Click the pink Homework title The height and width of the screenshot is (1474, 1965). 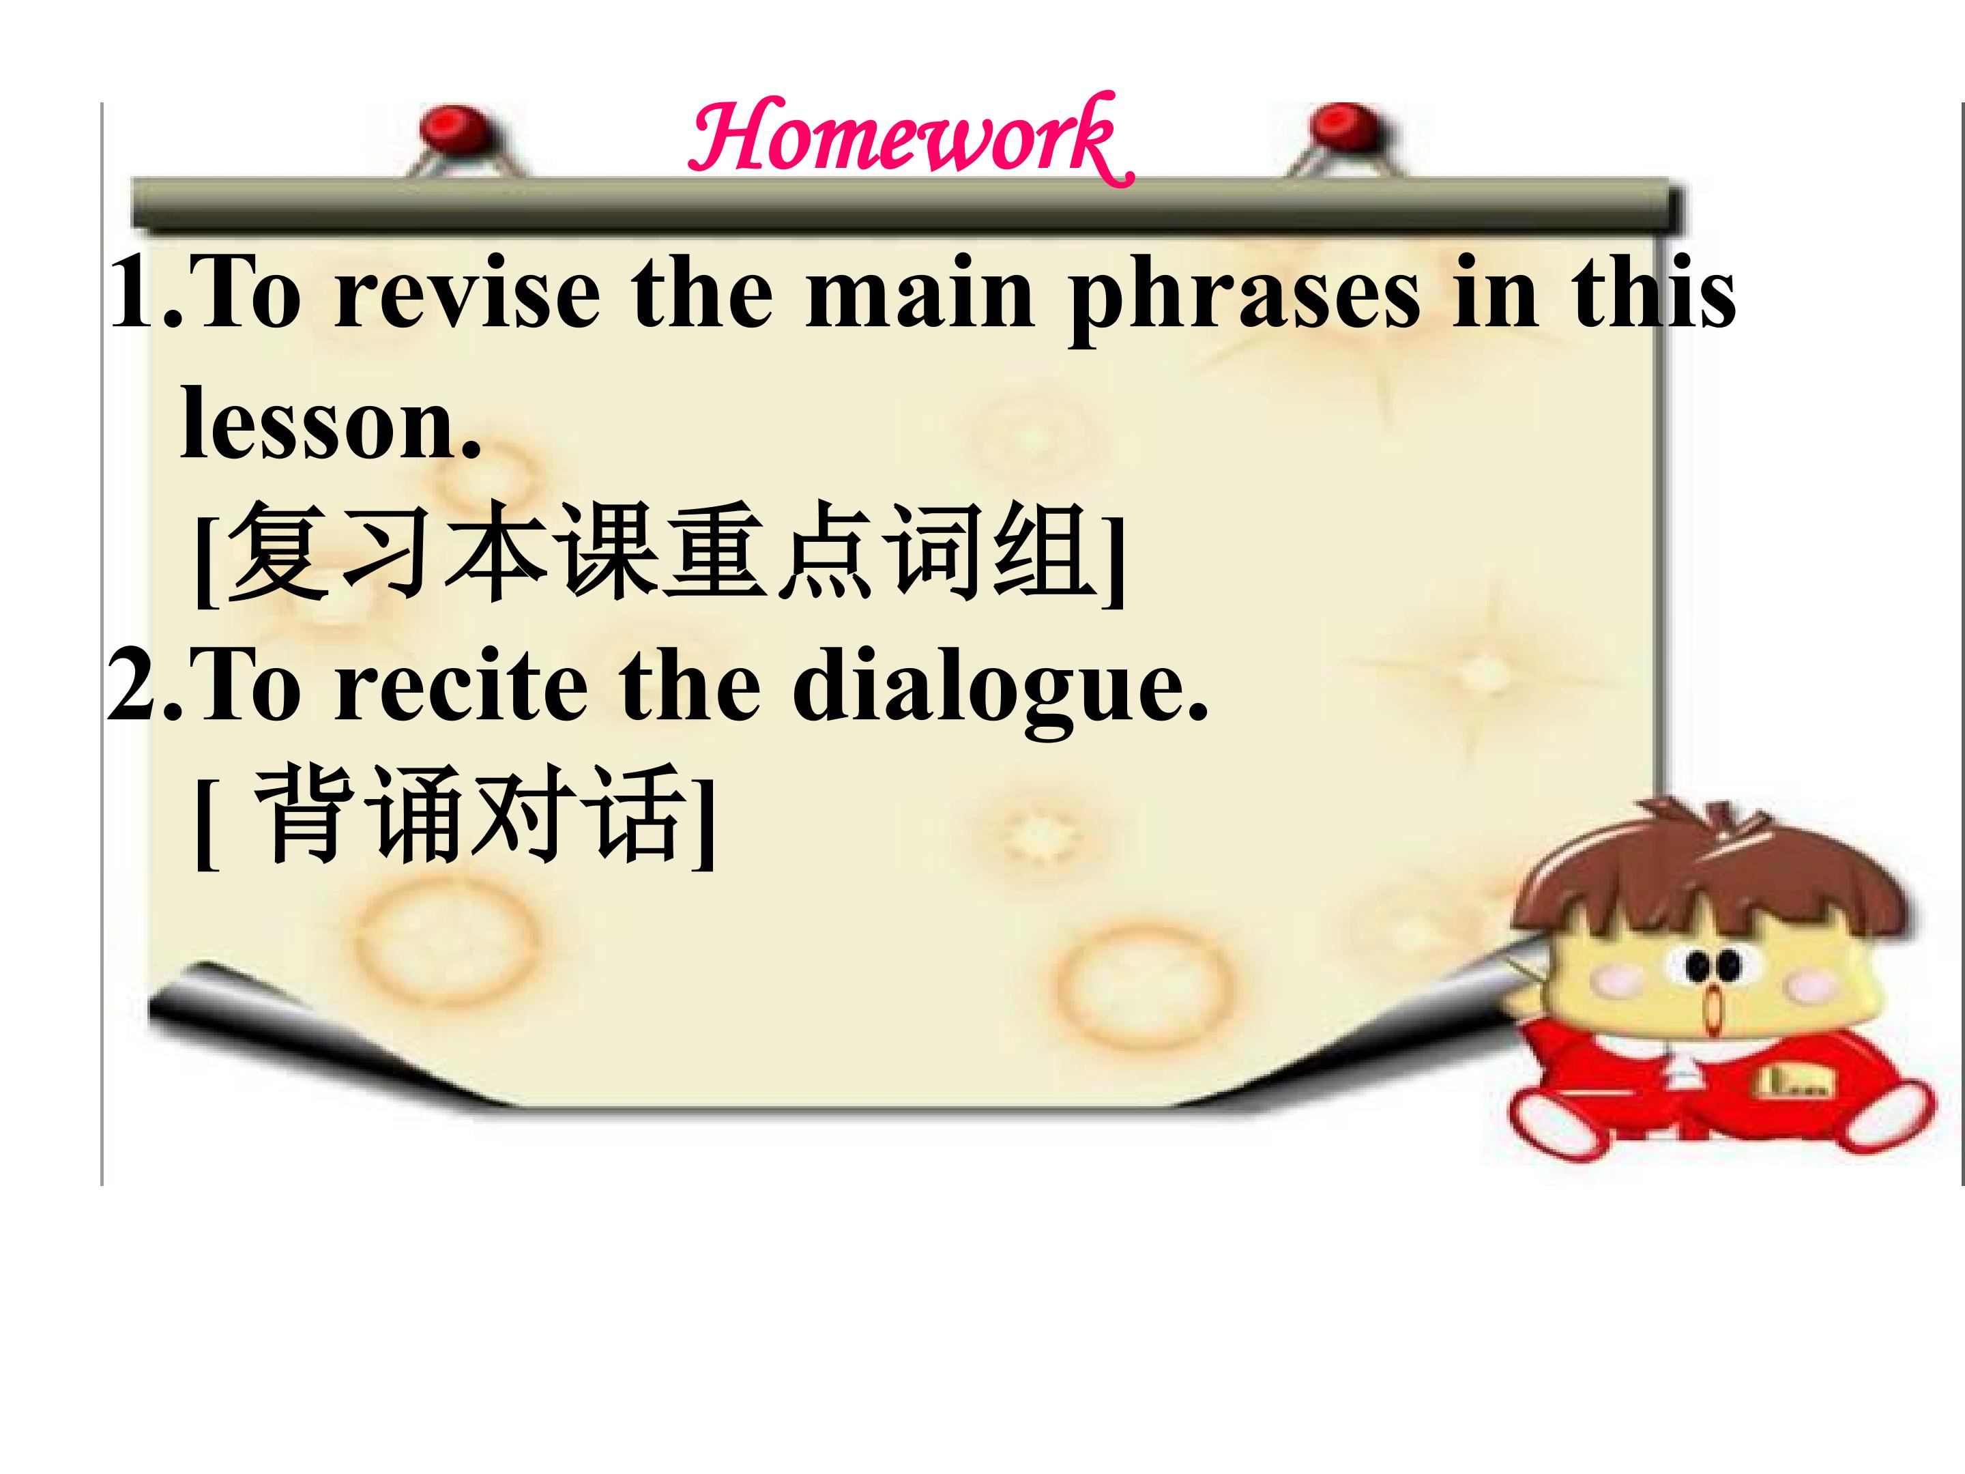tap(911, 139)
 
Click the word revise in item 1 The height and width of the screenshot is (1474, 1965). tap(467, 294)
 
